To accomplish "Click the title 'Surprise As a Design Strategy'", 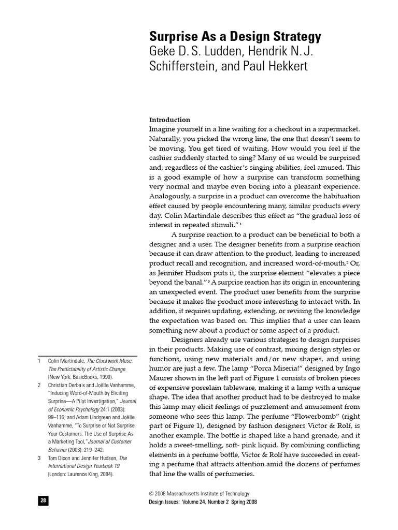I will click(x=235, y=37).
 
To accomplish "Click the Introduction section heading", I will click(x=169, y=120).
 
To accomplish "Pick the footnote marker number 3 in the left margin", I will click(x=39, y=458).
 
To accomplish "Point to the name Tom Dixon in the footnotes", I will click(x=61, y=458).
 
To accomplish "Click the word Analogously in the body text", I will click(x=170, y=196).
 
